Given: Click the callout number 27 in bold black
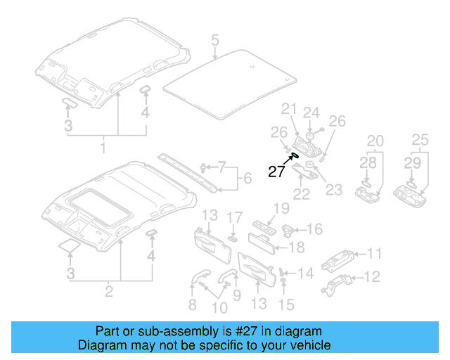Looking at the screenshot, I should (x=275, y=171).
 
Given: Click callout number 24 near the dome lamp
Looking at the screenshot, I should (x=311, y=112).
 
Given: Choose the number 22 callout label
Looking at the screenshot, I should (x=302, y=193).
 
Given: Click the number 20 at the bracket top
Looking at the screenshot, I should (x=375, y=140).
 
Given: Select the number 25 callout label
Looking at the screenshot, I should (x=420, y=140).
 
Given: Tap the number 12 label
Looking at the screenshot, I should (x=375, y=277).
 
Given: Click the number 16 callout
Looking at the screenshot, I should (x=315, y=229).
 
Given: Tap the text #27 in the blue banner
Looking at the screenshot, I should (x=245, y=331).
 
